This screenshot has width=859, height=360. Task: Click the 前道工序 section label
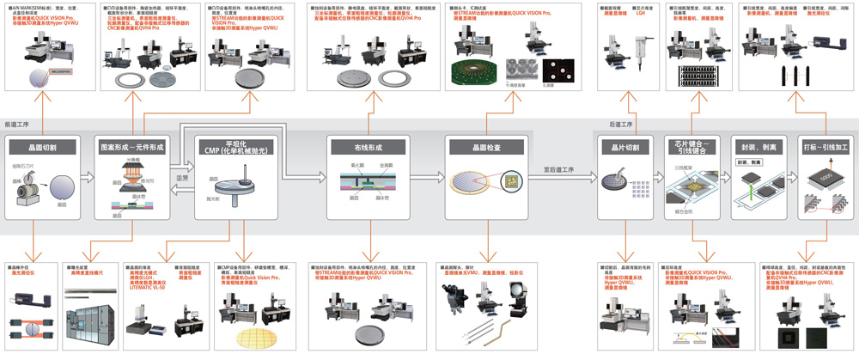click(18, 125)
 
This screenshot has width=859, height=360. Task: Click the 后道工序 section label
click(621, 125)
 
